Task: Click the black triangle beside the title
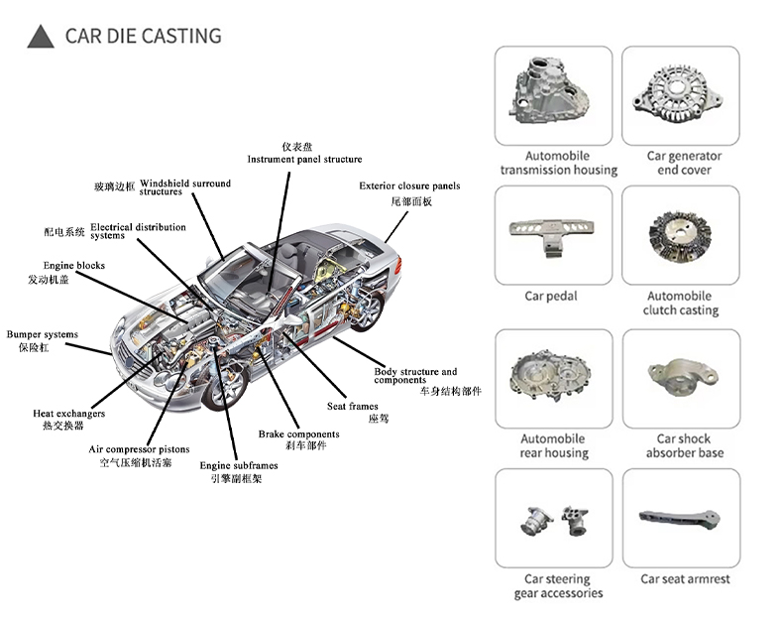pyautogui.click(x=41, y=37)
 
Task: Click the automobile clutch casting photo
pyautogui.click(x=680, y=236)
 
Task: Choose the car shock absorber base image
pyautogui.click(x=683, y=376)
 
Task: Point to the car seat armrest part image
pyautogui.click(x=680, y=520)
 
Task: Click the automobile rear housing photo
pyautogui.click(x=550, y=376)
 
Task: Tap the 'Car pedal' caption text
pyautogui.click(x=551, y=297)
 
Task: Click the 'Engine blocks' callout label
pyautogui.click(x=74, y=265)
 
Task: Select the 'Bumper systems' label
pyautogui.click(x=43, y=334)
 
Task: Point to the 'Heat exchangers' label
pyautogui.click(x=69, y=414)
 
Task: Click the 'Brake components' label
pyautogui.click(x=298, y=434)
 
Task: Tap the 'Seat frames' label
pyautogui.click(x=353, y=406)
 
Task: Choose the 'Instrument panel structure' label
pyautogui.click(x=304, y=160)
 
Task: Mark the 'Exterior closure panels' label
pyautogui.click(x=409, y=186)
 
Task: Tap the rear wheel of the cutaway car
pyautogui.click(x=367, y=310)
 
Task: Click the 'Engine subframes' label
pyautogui.click(x=239, y=465)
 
